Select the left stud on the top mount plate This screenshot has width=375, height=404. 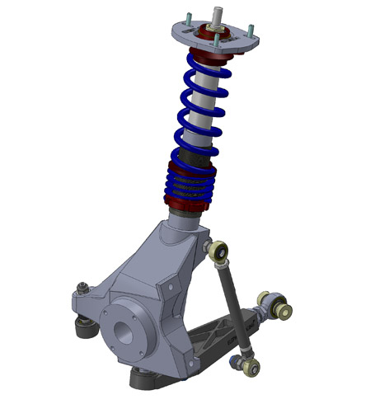click(x=189, y=20)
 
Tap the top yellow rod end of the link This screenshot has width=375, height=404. click(x=219, y=251)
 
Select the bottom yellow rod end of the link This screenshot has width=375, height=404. click(x=246, y=360)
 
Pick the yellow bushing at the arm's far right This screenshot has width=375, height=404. click(x=285, y=311)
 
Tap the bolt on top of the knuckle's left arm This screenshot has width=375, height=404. click(x=82, y=289)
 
